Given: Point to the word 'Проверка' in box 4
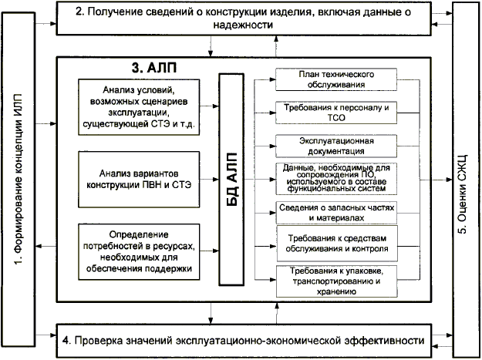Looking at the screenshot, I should click(x=102, y=339).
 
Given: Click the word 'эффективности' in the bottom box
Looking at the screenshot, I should click(x=384, y=339).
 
